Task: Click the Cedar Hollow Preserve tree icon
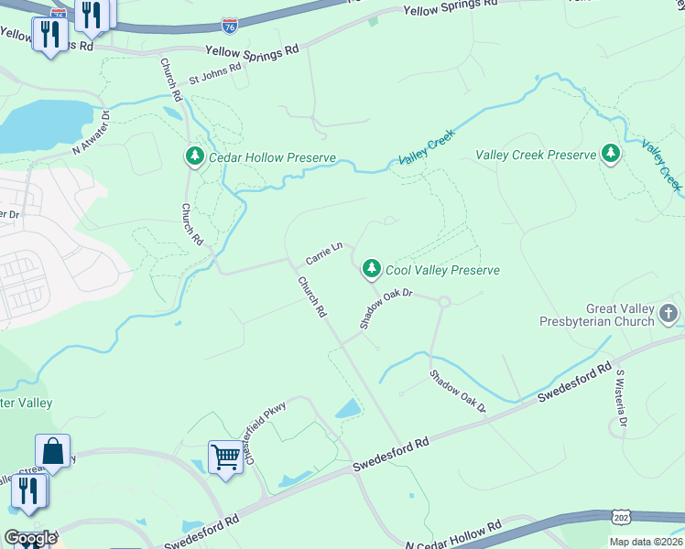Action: [x=194, y=157]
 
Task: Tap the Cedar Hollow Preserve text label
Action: [x=272, y=157]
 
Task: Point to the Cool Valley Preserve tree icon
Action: [x=371, y=269]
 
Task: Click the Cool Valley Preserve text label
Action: [x=442, y=270]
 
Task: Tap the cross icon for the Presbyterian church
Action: [x=669, y=315]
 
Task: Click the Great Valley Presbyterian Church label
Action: [x=621, y=316]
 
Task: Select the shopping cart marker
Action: [x=225, y=455]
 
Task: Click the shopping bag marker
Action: [x=53, y=450]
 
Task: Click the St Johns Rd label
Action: [x=214, y=73]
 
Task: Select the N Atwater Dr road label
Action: [x=92, y=132]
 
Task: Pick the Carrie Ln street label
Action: [x=323, y=253]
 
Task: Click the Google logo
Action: [x=30, y=538]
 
